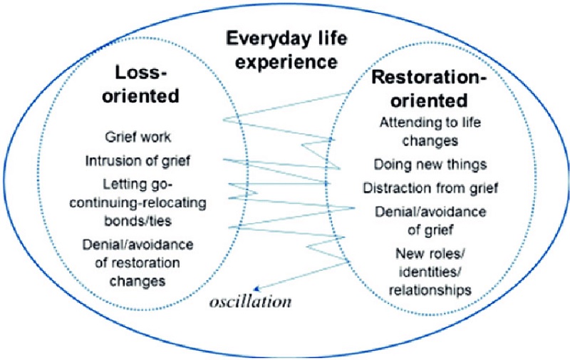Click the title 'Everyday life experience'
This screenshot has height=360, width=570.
tap(284, 48)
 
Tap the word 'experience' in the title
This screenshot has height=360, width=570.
tap(285, 61)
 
